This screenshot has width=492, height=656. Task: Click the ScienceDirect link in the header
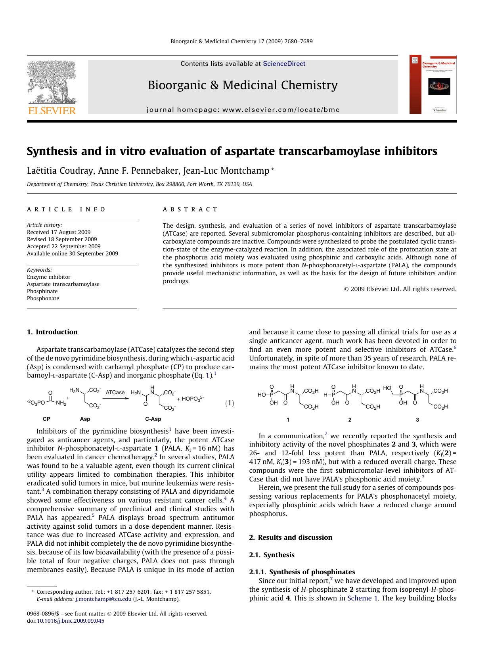284,63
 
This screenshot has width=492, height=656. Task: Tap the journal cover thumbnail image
433,84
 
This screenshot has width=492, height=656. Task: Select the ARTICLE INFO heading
66,209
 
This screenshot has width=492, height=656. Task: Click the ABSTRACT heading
190,209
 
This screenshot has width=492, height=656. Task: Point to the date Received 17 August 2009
59,232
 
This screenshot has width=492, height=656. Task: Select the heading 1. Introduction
52,332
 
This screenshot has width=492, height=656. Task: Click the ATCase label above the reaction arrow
115,392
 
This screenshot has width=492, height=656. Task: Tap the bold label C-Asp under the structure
153,419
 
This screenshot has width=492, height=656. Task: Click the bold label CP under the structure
46,419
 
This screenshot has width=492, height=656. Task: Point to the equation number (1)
230,403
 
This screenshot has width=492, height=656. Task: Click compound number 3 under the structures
417,420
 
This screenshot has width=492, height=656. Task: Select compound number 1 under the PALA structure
288,420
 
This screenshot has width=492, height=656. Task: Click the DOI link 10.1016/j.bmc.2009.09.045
70,621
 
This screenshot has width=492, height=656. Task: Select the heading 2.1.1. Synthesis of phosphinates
302,572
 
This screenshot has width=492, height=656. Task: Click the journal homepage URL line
243,110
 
